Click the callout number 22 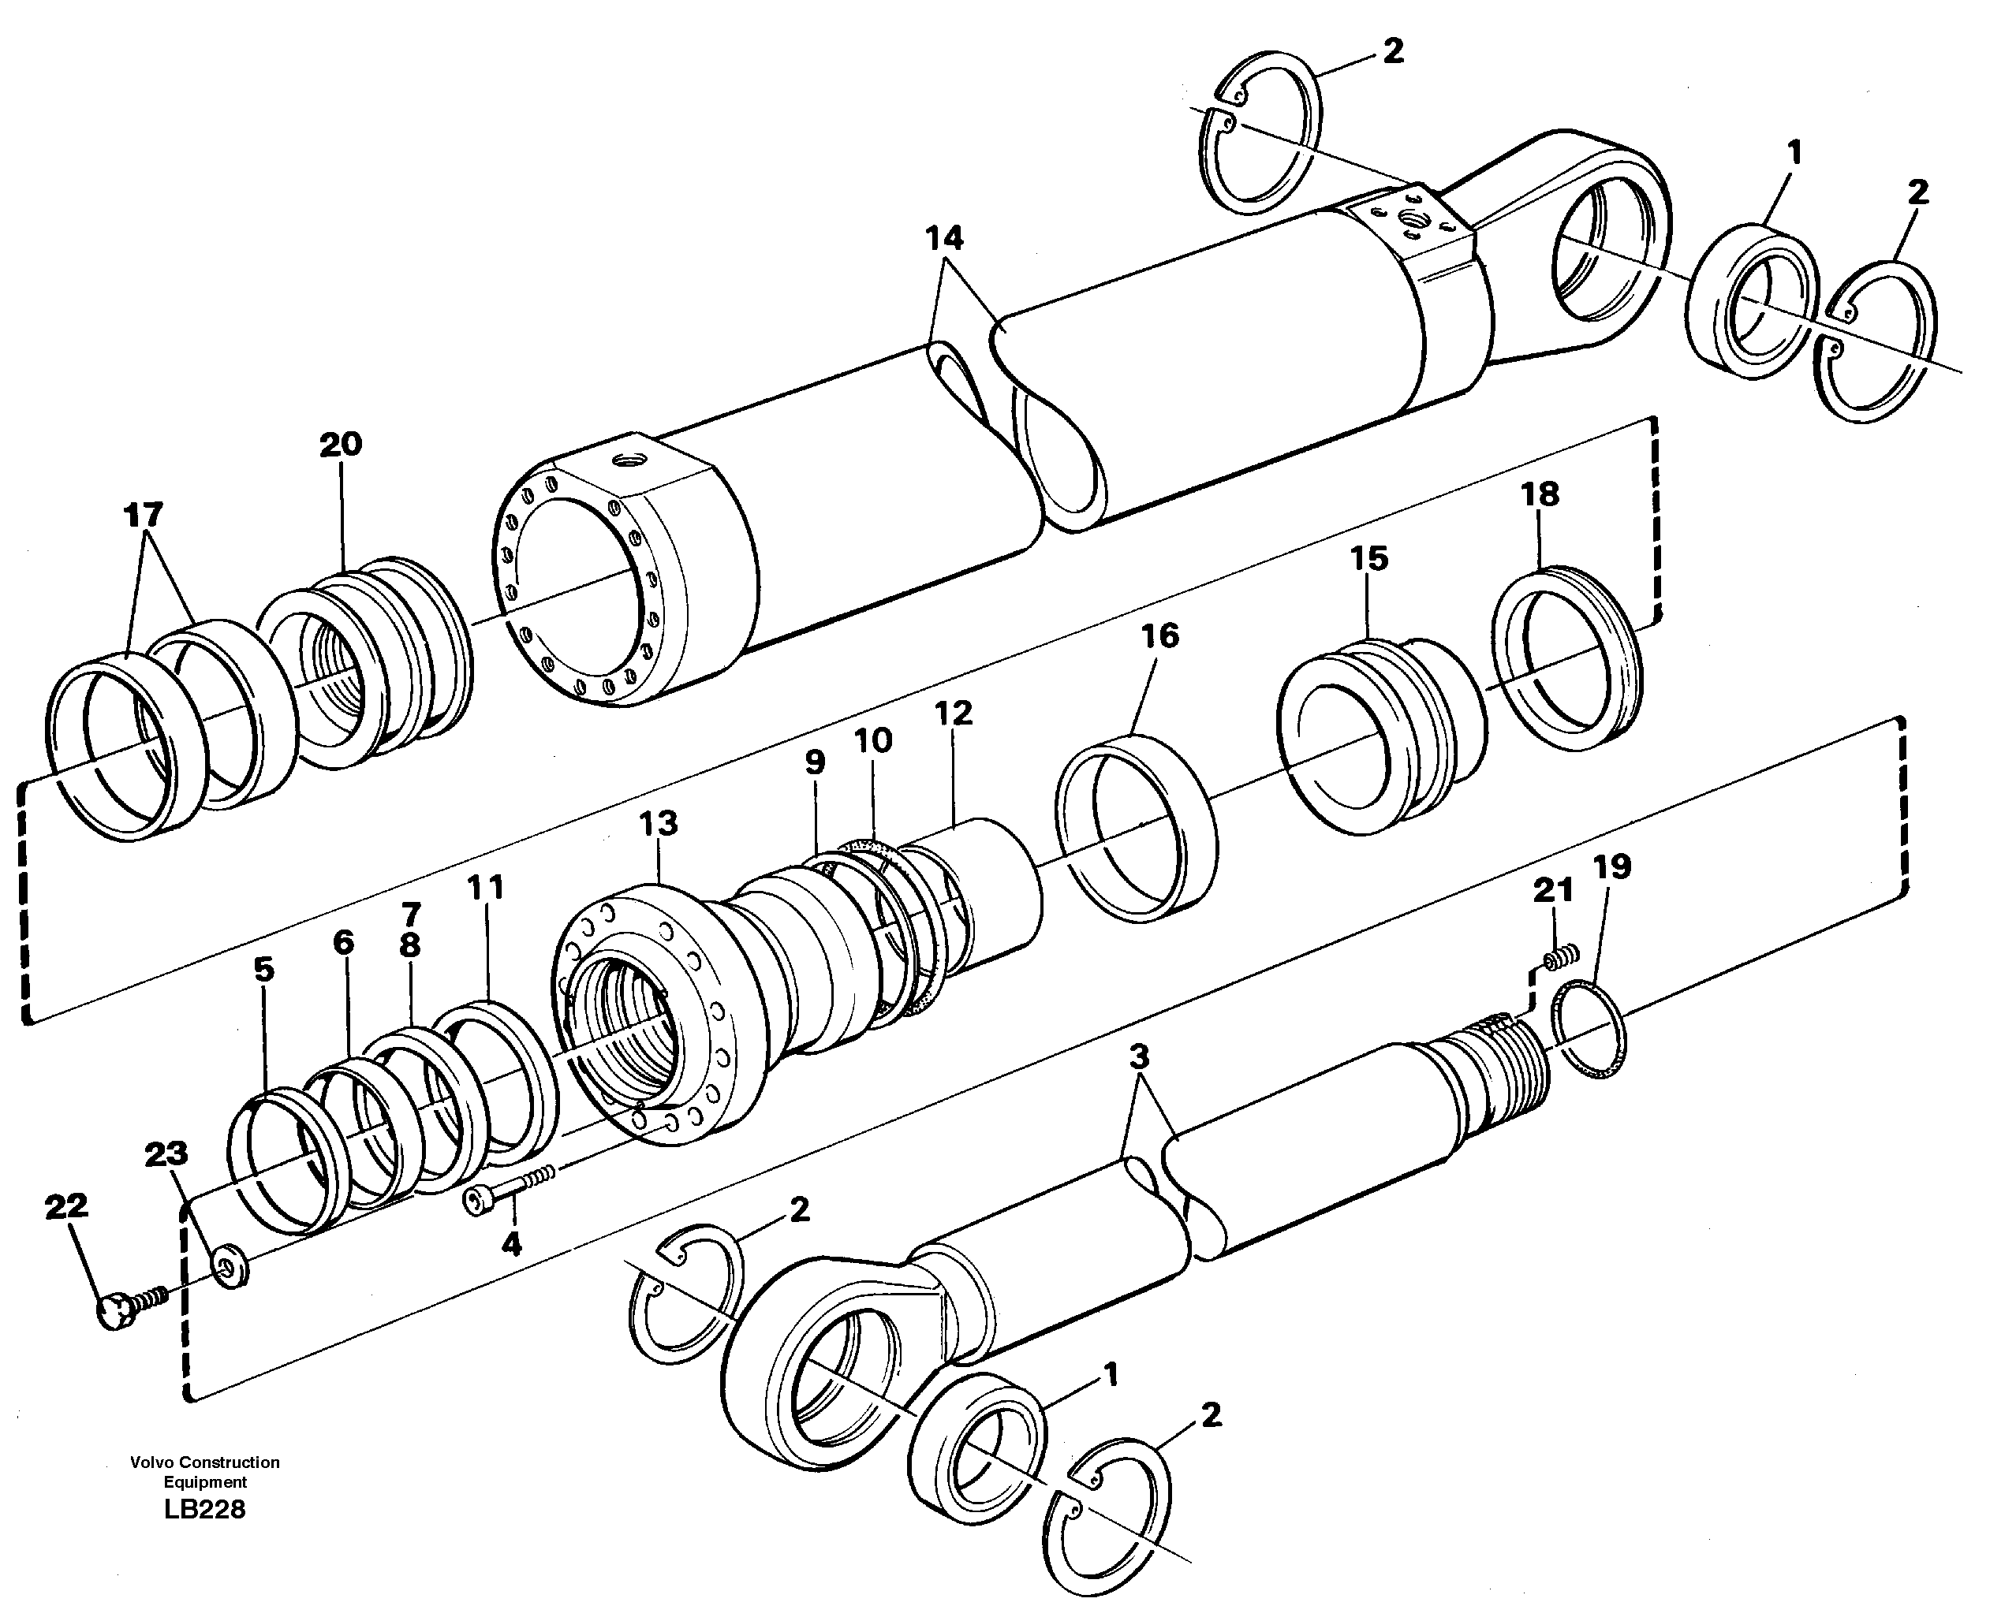pos(66,1206)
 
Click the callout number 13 pos(658,823)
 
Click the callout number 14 pos(944,238)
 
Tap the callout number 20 pos(340,445)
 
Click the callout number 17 pos(143,514)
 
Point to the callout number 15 pos(1368,559)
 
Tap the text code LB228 pos(205,1510)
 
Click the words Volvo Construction pos(205,1462)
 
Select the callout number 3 pos(1137,1056)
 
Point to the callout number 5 pos(263,969)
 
